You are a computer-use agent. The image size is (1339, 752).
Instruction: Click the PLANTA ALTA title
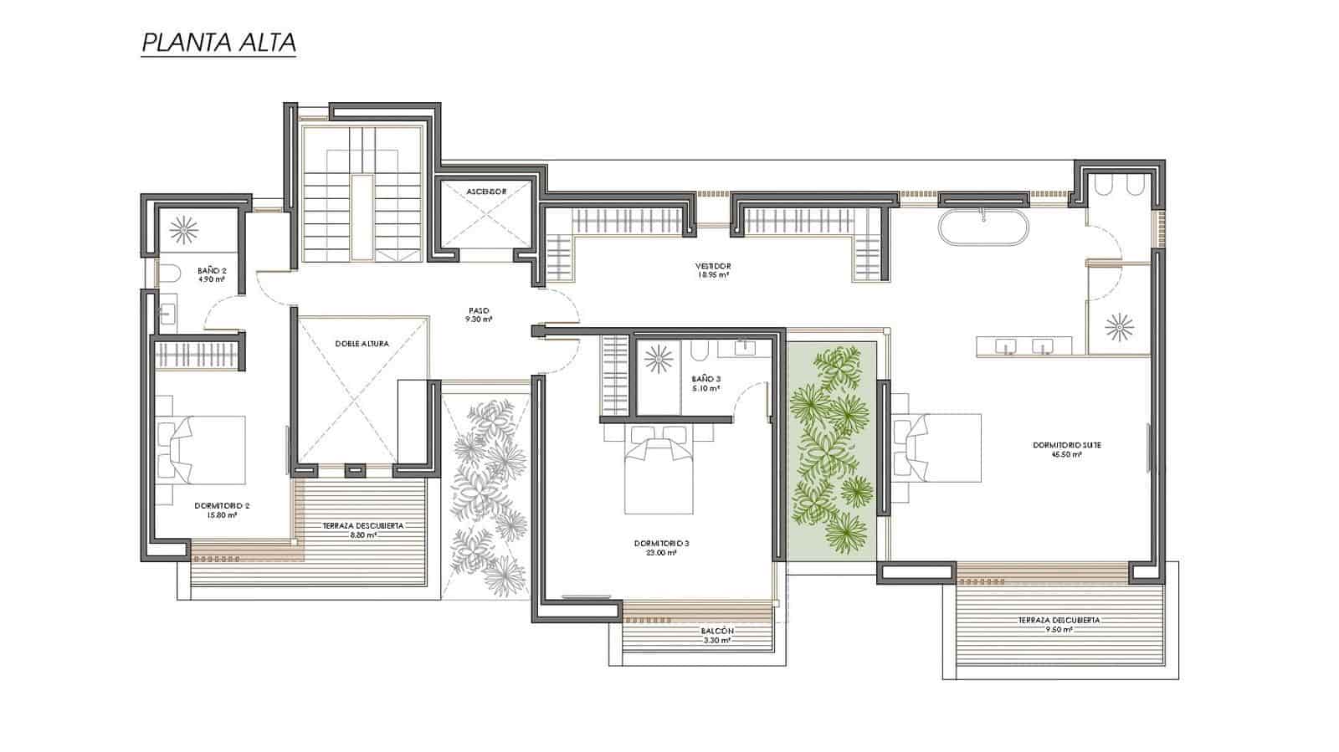[x=218, y=43]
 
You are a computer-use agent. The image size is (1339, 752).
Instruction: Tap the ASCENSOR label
[x=485, y=192]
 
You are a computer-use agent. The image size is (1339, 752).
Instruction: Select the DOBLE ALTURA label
[x=361, y=344]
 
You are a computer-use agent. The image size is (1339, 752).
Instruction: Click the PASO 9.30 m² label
[x=480, y=315]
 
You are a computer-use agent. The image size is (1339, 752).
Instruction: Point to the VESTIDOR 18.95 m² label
[x=712, y=270]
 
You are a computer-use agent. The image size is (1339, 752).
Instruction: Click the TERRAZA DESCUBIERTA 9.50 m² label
[x=1059, y=625]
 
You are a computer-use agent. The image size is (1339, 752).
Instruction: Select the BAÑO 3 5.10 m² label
[x=707, y=383]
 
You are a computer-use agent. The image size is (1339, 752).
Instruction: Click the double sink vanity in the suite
[x=1024, y=346]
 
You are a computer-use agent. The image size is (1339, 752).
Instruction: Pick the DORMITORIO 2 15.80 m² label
[x=222, y=510]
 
